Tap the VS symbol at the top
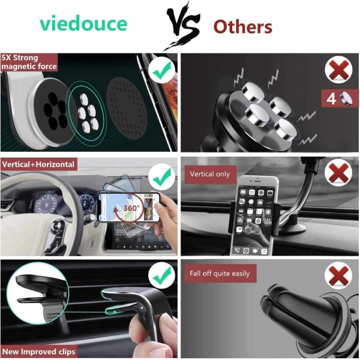[180, 27]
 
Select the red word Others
[243, 27]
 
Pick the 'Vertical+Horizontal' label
[38, 164]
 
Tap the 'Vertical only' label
[210, 174]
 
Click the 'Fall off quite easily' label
[219, 274]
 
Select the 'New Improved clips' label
[38, 351]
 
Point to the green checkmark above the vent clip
[160, 277]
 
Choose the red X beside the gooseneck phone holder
[338, 175]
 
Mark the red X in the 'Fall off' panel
[338, 277]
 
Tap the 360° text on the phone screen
[131, 208]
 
